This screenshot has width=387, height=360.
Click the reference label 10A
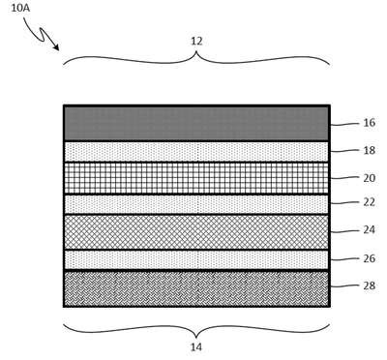click(x=20, y=8)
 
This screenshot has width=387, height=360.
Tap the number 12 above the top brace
click(x=196, y=42)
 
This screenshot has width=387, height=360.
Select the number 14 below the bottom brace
click(x=196, y=347)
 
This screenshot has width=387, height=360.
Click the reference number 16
click(x=370, y=123)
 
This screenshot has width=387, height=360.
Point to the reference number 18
click(x=370, y=150)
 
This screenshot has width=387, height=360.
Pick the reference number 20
click(x=370, y=178)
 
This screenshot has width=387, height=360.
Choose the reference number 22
click(x=370, y=202)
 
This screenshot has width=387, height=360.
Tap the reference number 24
click(x=370, y=230)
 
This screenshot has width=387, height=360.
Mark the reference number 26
click(x=370, y=258)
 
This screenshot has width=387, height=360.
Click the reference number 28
click(x=370, y=285)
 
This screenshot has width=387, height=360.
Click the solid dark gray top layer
click(x=196, y=124)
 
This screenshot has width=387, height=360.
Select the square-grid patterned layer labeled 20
click(x=196, y=178)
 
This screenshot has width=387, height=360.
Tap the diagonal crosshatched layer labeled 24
click(x=196, y=232)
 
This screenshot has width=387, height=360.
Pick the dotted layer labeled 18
click(x=196, y=152)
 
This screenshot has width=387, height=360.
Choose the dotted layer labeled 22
click(x=196, y=204)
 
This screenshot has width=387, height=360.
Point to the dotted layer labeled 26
click(x=196, y=260)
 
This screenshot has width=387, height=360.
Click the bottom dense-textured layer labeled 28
click(x=196, y=288)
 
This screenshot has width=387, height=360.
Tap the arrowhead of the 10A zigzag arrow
click(x=57, y=48)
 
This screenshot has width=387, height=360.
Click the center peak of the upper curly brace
click(x=196, y=51)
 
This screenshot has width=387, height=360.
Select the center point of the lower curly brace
click(x=196, y=337)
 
